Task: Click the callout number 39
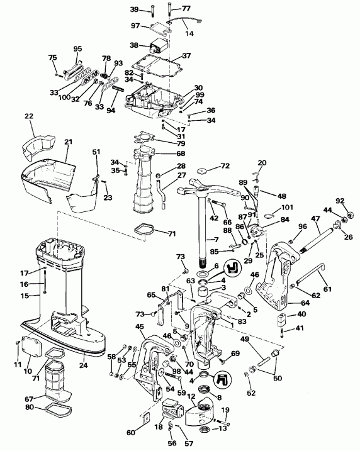pos(134,9)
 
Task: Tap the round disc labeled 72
pos(201,171)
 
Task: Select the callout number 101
pos(288,208)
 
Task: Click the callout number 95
pos(78,48)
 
